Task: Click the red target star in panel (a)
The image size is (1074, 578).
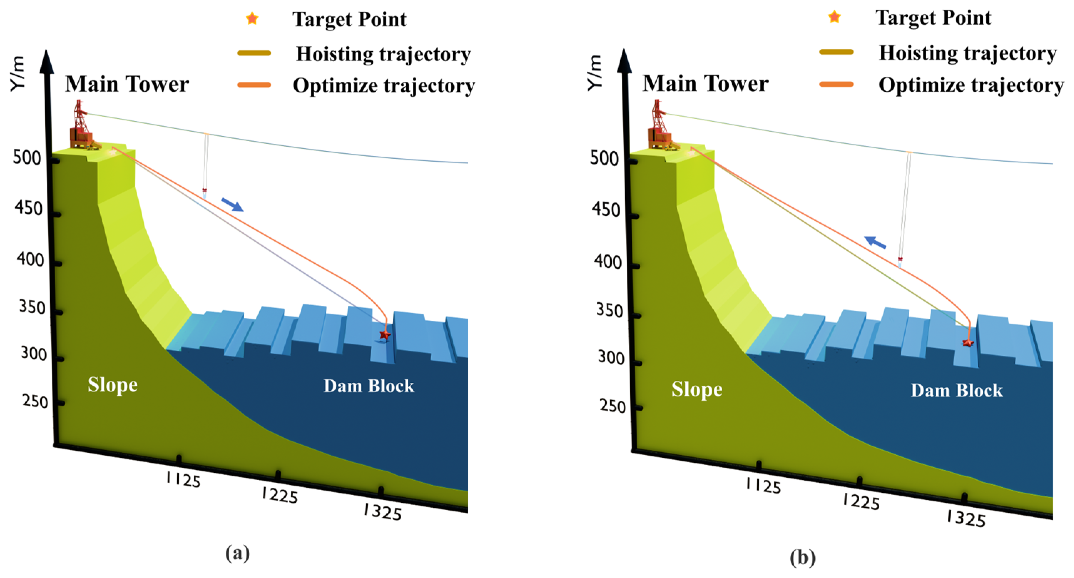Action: point(385,334)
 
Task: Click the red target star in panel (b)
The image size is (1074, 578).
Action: point(968,343)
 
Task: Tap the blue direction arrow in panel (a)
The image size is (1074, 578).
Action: point(232,204)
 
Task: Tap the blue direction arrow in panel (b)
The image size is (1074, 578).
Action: point(875,242)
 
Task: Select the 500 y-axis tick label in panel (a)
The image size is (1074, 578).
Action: point(27,158)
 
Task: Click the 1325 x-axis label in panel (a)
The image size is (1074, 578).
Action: point(382,512)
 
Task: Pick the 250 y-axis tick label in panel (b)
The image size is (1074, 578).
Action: point(613,406)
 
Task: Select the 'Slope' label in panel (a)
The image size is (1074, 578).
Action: point(113,385)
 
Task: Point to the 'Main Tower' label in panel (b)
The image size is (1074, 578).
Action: point(705,83)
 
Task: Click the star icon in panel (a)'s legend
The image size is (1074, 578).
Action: point(252,19)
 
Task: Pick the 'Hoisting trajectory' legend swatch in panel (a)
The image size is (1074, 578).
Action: point(254,54)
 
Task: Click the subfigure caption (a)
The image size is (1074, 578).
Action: point(238,553)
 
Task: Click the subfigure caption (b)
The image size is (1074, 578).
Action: point(803,558)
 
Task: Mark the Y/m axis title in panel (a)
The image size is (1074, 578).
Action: point(18,73)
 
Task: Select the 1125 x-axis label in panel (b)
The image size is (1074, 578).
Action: point(763,486)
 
